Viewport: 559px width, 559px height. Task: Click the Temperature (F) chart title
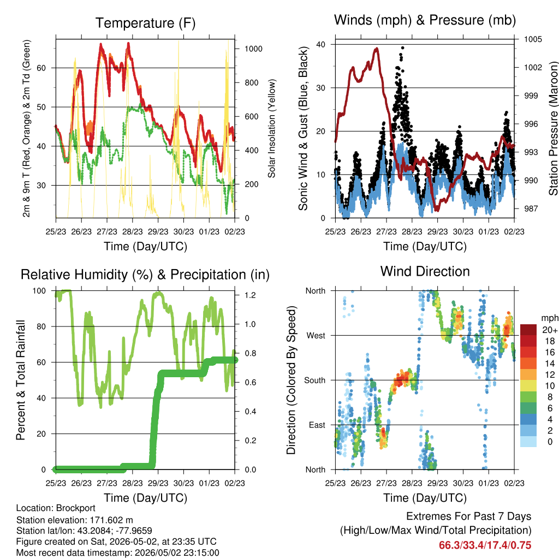145,23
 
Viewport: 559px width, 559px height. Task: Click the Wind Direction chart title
425,271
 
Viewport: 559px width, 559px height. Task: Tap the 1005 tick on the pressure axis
533,39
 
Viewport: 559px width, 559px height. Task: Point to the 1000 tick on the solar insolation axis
253,49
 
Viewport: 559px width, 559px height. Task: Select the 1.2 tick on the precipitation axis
250,295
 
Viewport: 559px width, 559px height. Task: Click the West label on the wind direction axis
316,336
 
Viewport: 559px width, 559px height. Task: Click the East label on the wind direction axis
317,425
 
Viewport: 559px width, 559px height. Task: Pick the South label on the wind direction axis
315,380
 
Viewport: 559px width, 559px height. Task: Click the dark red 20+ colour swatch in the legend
528,330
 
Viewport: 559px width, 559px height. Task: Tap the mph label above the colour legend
549,318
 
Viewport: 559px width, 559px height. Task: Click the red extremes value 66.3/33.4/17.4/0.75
485,545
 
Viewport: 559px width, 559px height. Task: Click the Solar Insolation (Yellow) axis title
272,129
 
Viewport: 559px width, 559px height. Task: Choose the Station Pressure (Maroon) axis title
553,128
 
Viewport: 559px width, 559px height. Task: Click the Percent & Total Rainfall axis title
21,380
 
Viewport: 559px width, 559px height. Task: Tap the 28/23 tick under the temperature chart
133,231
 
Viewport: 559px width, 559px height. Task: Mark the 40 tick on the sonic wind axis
320,45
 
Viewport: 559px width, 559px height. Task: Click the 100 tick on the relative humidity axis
39,291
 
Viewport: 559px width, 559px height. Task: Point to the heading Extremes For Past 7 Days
468,516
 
